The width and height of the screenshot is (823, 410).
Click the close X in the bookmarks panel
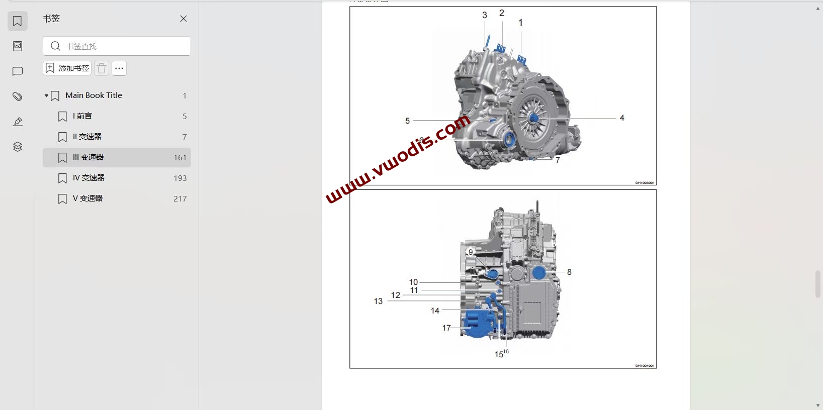184,19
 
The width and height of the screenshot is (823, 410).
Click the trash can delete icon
102,68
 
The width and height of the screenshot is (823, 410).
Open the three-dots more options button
119,68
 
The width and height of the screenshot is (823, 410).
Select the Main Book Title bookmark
94,95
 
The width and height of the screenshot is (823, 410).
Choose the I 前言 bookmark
82,116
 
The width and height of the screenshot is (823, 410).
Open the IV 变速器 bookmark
88,178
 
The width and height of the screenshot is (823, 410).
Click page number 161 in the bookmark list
180,158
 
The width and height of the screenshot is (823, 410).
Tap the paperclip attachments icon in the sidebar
18,96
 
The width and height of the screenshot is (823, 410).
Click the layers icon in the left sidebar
18,147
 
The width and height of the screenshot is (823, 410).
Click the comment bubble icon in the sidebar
18,71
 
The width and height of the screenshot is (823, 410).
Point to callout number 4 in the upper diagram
622,118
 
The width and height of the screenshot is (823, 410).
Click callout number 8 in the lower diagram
569,272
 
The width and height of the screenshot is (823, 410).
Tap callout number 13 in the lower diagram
378,301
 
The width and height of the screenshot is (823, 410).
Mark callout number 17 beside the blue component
446,328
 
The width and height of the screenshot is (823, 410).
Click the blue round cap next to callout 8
539,273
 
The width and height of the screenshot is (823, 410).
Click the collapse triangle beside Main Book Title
46,95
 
